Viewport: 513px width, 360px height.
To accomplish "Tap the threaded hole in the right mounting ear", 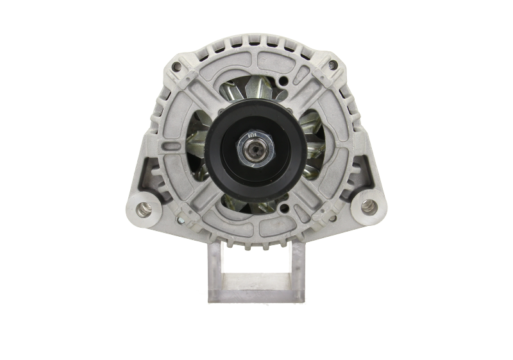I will tap(367, 207).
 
